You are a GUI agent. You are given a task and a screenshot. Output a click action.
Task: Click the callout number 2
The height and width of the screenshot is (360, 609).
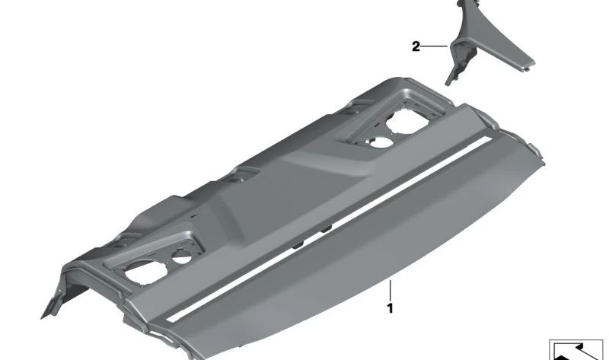[x=416, y=47]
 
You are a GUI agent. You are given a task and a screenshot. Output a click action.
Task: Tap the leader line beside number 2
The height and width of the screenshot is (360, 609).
[x=435, y=47]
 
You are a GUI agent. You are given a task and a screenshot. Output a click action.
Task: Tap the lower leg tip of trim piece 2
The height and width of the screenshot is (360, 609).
[x=449, y=80]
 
